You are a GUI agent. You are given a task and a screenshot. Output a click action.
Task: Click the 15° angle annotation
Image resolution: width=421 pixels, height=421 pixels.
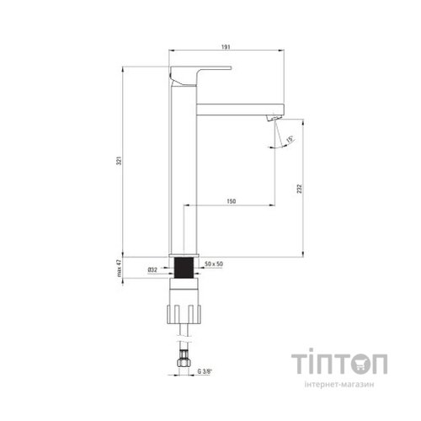pos(290,139)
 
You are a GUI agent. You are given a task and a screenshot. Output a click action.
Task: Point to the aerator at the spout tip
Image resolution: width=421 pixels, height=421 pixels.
pos(272,119)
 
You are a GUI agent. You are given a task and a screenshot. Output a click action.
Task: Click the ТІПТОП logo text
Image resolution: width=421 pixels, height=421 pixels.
pos(341,365)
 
